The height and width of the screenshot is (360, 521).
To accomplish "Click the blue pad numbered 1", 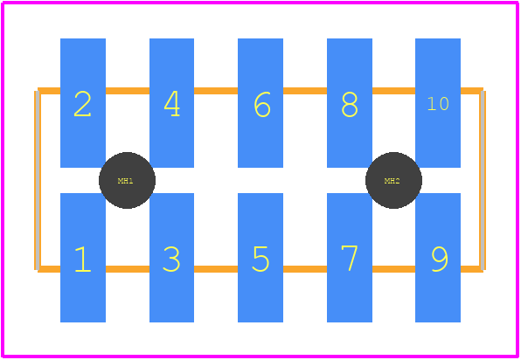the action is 83,258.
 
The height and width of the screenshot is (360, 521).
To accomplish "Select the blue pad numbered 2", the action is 83,103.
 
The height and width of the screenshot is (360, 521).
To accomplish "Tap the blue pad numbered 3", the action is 172,258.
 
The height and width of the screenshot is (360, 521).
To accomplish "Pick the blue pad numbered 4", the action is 172,103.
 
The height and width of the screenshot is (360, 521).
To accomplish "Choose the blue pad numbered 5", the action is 260,258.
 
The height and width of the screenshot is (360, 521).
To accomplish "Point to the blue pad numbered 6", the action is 260,103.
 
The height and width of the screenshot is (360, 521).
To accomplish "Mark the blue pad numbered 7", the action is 350,258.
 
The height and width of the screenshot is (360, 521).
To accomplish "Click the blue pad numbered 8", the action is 350,103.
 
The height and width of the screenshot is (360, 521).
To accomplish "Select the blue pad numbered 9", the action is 438,258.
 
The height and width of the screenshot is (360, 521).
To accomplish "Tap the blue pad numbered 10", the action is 438,103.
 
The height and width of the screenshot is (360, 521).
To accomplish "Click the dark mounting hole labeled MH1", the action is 127,180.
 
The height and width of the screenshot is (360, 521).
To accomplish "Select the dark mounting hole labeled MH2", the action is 393,180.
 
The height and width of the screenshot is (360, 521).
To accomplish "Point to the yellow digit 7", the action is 350,258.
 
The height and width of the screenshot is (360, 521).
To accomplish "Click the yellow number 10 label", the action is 438,104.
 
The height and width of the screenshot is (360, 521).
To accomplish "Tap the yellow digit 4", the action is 172,104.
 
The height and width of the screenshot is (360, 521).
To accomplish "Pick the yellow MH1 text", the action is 126,181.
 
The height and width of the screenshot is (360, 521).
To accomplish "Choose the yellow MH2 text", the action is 392,181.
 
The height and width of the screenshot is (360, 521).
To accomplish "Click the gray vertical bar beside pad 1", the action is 38,180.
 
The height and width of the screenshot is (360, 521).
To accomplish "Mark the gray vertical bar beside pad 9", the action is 483,180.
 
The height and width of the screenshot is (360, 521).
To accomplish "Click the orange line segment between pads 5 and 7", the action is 305,269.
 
